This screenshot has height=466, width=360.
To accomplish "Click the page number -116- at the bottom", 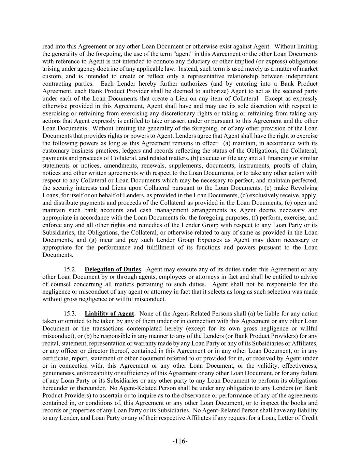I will point(180,441).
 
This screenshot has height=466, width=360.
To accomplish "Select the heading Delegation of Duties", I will point(113,269).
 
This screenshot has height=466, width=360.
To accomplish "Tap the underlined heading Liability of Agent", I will point(109,313).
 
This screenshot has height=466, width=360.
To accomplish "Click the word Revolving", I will point(306,188).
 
